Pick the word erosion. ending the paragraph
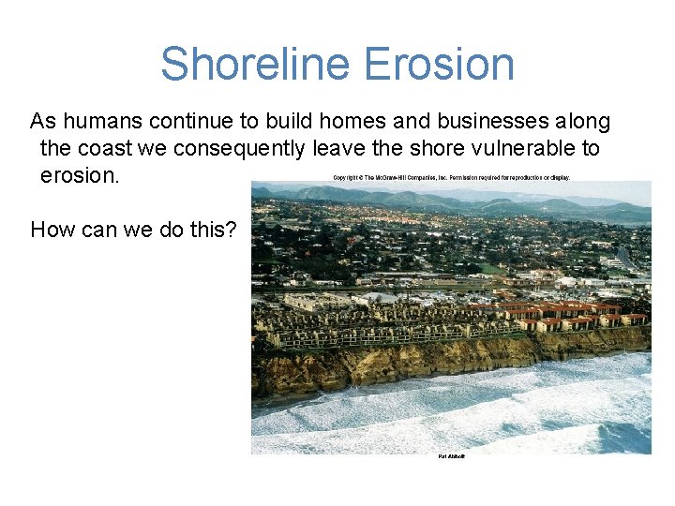pyautogui.click(x=80, y=176)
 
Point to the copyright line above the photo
pyautogui.click(x=451, y=177)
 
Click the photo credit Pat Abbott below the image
pyautogui.click(x=451, y=456)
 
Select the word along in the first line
pyautogui.click(x=584, y=122)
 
